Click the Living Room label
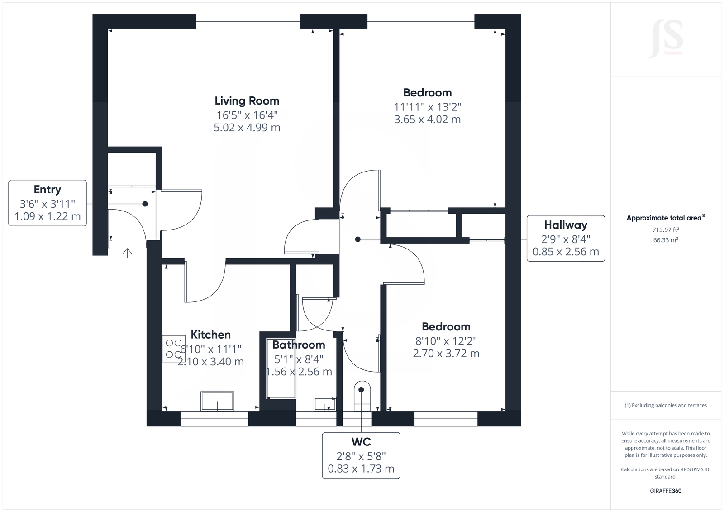247,100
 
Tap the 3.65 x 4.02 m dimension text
427,120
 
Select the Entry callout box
48,203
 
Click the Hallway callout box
566,238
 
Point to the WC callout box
361,455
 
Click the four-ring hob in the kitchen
174,348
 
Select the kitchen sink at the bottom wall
217,402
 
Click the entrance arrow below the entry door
127,253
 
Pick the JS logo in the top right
666,40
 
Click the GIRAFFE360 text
666,491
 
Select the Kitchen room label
210,335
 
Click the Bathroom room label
299,345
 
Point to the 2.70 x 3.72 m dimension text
446,354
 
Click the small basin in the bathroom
324,404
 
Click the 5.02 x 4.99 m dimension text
247,128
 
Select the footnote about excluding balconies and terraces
666,405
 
